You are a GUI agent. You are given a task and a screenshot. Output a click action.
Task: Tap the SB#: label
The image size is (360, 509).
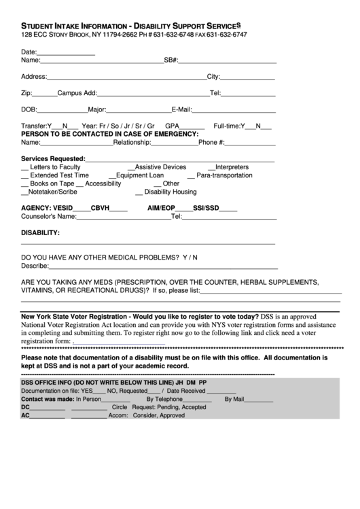click(x=171, y=60)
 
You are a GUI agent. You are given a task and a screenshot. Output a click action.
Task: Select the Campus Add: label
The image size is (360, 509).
click(x=77, y=92)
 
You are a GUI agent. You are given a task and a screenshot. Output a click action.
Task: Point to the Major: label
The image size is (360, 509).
click(x=98, y=109)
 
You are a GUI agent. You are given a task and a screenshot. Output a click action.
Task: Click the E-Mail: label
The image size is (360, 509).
click(x=183, y=109)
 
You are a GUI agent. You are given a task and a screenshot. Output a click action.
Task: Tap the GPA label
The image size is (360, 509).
click(x=172, y=126)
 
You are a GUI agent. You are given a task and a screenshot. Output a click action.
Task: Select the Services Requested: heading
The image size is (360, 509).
click(x=53, y=158)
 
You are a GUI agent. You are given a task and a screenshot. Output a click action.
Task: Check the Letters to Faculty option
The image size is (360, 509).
click(x=56, y=166)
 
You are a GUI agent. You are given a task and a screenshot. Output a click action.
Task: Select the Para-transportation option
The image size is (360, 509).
click(x=224, y=175)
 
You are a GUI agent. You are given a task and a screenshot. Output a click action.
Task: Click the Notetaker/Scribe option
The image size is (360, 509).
click(x=52, y=192)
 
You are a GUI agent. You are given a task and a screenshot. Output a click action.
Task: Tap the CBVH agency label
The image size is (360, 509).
click(x=100, y=208)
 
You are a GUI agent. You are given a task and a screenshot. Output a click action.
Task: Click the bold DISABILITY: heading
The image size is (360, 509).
click(x=40, y=232)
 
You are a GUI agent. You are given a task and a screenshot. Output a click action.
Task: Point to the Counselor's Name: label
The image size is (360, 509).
click(x=48, y=217)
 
